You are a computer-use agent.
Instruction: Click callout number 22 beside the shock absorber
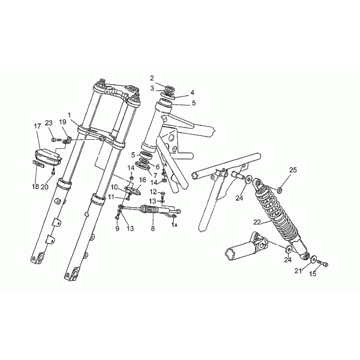coord(257,222)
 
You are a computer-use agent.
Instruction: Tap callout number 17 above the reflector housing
coord(38,126)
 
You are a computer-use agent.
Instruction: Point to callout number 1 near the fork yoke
coord(69,114)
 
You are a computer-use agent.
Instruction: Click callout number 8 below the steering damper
coord(153,228)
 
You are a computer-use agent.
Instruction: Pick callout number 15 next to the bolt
coord(313,274)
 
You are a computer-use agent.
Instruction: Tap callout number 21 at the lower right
coord(298,271)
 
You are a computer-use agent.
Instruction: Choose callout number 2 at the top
coord(152,78)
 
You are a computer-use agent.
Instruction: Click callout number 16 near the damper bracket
coord(142,180)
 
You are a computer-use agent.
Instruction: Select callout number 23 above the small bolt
coord(49,123)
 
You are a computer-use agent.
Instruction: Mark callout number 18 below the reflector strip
coord(35,186)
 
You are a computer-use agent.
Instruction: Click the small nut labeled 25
coord(279,190)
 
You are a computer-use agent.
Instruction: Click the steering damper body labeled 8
coord(150,209)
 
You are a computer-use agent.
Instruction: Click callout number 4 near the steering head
coord(192,92)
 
